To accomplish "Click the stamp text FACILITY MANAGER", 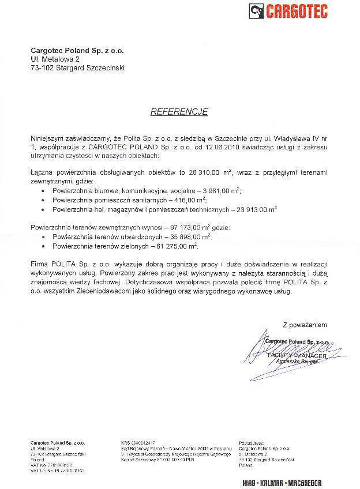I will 297,356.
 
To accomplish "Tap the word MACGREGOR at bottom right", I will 302,482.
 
